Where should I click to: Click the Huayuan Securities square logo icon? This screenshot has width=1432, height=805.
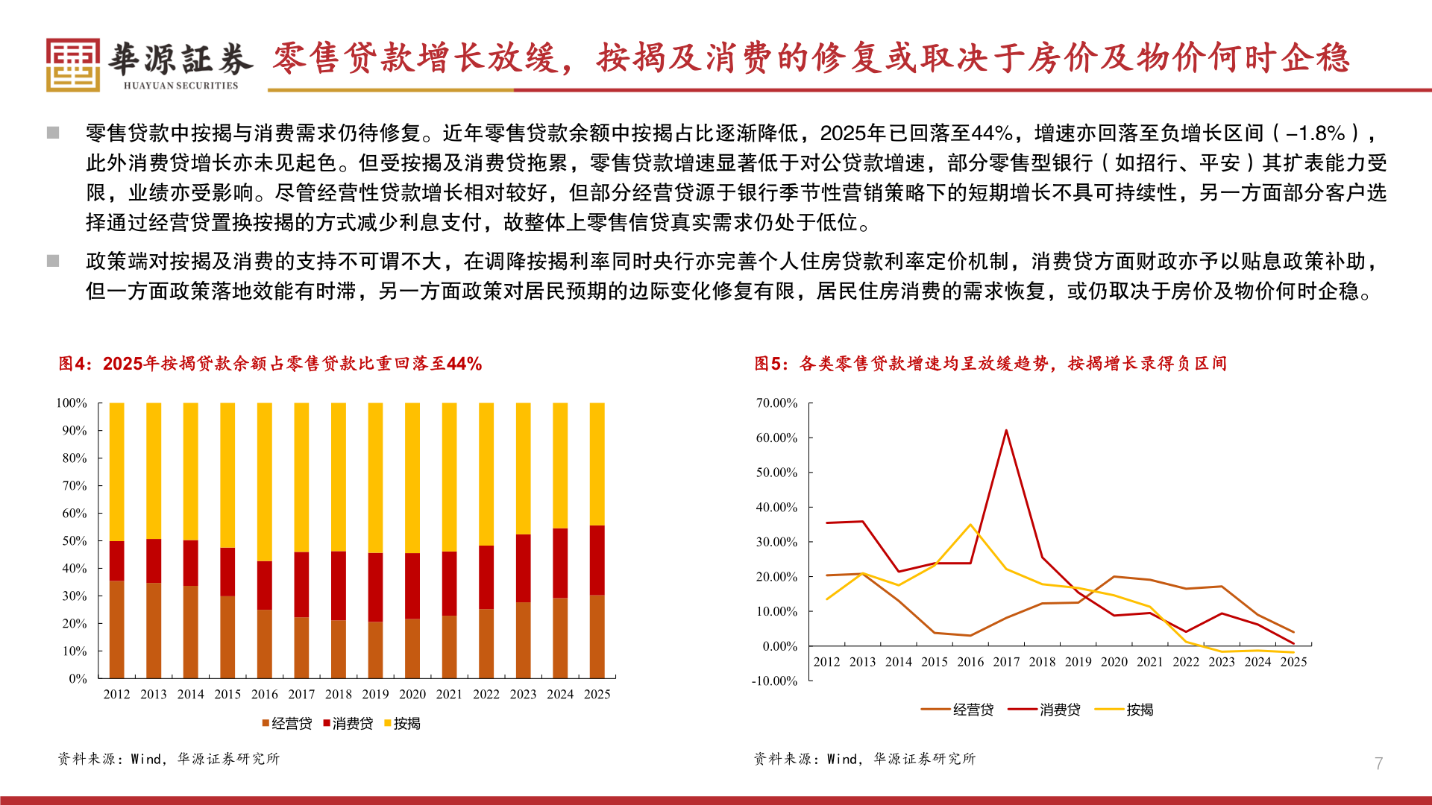point(72,65)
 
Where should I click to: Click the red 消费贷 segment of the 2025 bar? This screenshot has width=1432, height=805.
point(597,560)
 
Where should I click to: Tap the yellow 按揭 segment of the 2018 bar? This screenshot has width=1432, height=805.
point(338,477)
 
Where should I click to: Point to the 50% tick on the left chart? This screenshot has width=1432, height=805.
point(75,541)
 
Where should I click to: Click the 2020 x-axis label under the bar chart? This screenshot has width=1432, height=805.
point(412,694)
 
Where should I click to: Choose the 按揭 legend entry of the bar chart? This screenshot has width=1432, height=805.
point(403,723)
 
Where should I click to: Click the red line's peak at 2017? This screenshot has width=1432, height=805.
point(1006,431)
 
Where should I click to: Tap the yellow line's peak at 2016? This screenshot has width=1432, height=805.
point(970,525)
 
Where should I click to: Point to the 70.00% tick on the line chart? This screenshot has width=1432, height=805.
point(776,403)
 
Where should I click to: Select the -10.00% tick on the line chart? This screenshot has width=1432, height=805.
point(775,681)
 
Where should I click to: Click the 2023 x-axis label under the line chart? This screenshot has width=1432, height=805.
point(1221,662)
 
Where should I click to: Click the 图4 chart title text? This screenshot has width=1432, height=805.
point(270,364)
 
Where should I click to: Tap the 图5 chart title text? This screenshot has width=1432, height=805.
point(990,364)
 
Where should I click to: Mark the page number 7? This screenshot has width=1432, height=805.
point(1378,763)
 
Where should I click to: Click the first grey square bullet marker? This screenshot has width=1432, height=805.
point(53,133)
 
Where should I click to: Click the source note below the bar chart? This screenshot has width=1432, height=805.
point(169,759)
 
